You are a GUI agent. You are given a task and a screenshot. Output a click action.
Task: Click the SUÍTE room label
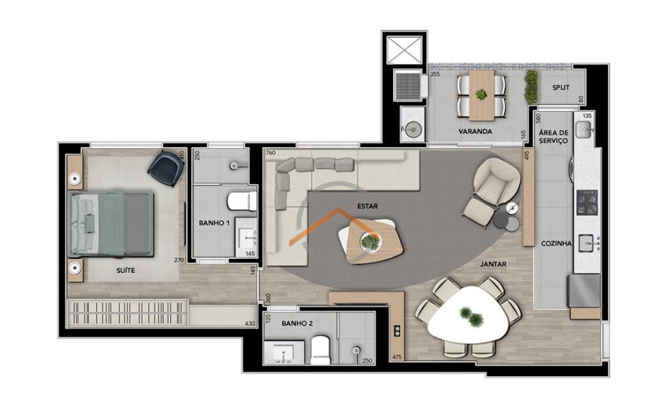point(126,271)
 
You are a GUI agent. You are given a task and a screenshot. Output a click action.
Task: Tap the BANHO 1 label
point(214,223)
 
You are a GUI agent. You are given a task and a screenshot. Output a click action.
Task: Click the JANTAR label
point(493,264)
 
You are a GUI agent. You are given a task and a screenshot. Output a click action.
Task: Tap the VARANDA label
point(475,131)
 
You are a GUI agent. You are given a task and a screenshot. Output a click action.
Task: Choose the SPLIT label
point(561,88)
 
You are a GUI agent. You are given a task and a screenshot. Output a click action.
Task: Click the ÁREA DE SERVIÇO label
point(554,136)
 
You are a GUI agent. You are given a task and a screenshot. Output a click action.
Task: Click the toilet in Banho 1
point(241,201)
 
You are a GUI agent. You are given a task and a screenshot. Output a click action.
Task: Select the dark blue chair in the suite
point(165,165)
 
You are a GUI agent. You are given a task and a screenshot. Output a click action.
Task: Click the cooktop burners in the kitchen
point(585,202)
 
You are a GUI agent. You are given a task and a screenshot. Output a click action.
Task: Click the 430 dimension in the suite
point(250,323)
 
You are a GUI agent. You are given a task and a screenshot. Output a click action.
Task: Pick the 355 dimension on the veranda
point(436,74)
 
